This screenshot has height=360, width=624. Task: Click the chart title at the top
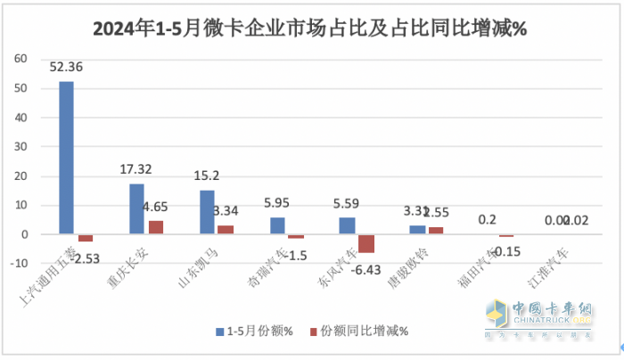pyautogui.click(x=311, y=29)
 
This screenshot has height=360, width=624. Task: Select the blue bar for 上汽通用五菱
pyautogui.click(x=66, y=158)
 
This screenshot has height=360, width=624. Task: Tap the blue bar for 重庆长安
pyautogui.click(x=136, y=209)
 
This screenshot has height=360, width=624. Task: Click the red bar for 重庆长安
pyautogui.click(x=155, y=227)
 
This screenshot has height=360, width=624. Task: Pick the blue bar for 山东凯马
pyautogui.click(x=207, y=212)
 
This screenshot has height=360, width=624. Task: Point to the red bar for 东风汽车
pyautogui.click(x=366, y=243)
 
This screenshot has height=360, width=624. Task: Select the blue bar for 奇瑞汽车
pyautogui.click(x=277, y=225)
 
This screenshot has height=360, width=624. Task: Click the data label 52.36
pyautogui.click(x=67, y=67)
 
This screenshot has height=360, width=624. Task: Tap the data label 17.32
pyautogui.click(x=137, y=168)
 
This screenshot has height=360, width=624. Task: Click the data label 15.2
pyautogui.click(x=207, y=175)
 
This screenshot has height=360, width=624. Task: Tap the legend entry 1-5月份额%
pyautogui.click(x=252, y=331)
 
